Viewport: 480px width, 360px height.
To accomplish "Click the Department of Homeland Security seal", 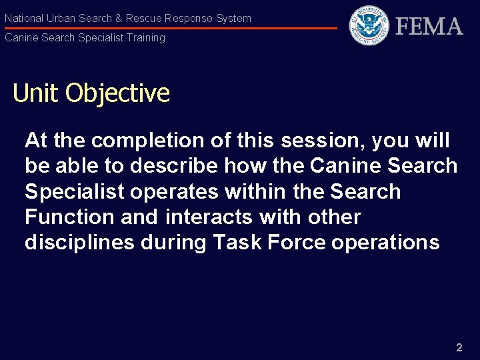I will point(369,25).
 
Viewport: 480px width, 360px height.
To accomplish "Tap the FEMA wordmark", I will point(429,27).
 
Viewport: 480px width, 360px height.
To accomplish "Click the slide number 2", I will point(459,347).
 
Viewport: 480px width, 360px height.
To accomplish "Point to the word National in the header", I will point(23,19).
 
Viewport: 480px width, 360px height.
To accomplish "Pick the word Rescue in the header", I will point(143,19).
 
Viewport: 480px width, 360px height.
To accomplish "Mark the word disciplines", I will point(79,242).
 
